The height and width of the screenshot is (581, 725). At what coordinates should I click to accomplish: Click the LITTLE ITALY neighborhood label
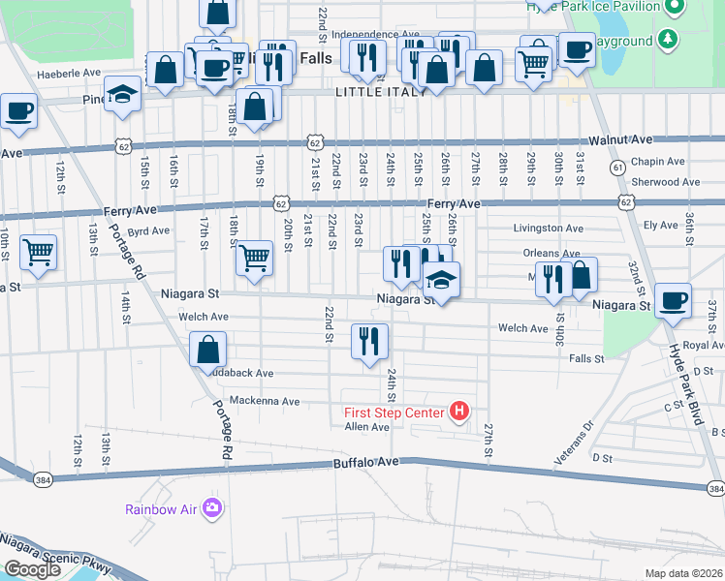click(381, 91)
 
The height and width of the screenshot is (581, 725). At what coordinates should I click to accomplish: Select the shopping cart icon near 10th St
click(38, 252)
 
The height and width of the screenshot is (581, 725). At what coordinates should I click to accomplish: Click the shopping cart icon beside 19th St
click(254, 258)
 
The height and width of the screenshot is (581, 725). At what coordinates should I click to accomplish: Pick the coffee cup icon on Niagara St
click(673, 301)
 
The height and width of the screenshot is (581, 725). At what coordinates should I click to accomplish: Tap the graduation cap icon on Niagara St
click(441, 280)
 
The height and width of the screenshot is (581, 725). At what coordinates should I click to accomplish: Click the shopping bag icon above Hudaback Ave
click(209, 350)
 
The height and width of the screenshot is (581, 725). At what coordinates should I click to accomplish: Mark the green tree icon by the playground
click(667, 40)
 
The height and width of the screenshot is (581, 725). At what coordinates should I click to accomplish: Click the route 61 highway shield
click(616, 168)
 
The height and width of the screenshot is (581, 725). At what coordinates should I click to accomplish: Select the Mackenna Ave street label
click(265, 401)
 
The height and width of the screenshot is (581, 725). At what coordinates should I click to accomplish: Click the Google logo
click(32, 569)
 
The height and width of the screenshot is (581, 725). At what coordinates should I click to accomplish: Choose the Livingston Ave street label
click(549, 229)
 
